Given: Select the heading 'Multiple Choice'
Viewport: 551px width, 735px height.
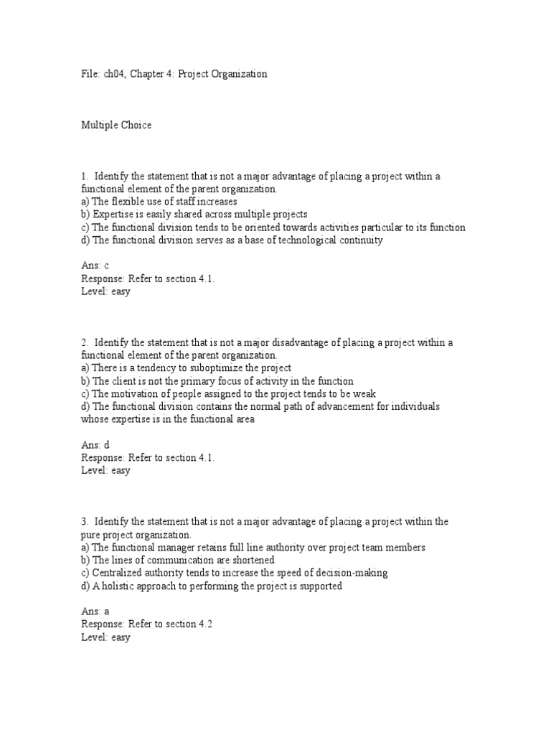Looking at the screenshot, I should point(116,126).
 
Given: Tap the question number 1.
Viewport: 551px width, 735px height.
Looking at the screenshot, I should point(84,177).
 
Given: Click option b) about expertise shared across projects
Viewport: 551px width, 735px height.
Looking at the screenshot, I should point(194,215).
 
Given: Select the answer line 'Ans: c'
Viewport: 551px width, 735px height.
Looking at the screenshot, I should point(95,266).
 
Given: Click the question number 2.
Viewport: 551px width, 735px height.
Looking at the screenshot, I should point(84,342).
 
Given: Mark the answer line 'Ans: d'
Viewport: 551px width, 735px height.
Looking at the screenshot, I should point(95,445).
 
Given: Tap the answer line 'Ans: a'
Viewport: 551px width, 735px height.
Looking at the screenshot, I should point(95,612).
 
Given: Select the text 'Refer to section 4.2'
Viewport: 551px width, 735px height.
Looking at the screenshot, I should point(171,624).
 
